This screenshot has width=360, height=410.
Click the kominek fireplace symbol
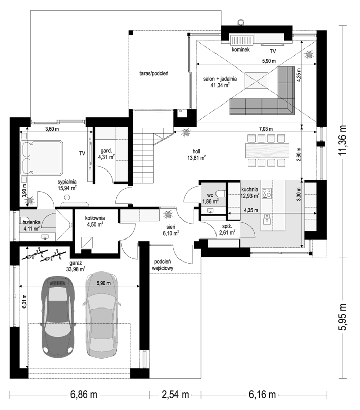click(x=242, y=40)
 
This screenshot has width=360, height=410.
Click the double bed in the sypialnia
click(x=42, y=157)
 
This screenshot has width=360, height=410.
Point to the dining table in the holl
click(x=267, y=151)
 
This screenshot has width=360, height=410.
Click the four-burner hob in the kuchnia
click(x=267, y=194)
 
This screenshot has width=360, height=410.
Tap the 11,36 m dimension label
click(x=343, y=140)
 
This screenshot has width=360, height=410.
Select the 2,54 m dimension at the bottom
click(x=175, y=395)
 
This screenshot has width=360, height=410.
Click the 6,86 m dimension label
click(x=84, y=395)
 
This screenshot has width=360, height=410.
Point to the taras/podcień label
click(x=154, y=73)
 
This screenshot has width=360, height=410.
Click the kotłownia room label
click(x=95, y=218)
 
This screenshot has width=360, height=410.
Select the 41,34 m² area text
click(x=220, y=85)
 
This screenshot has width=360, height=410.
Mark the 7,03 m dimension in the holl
click(x=266, y=129)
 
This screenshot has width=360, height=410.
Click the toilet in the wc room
click(x=222, y=194)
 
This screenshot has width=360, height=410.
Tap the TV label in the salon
click(x=273, y=51)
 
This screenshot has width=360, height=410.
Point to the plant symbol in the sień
click(x=167, y=215)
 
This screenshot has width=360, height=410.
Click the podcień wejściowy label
click(x=162, y=265)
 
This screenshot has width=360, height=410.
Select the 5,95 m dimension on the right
click(x=343, y=317)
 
